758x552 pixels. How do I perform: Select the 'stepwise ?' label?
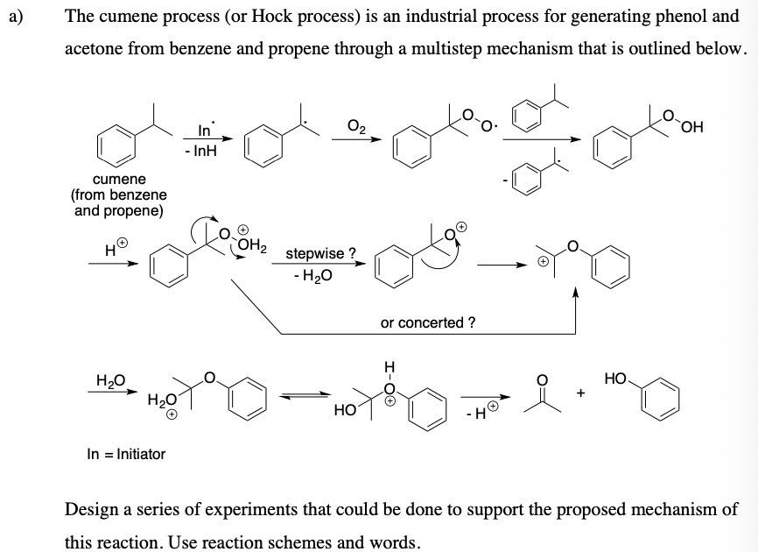tap(321, 254)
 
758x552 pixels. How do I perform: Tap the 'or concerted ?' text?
tap(428, 322)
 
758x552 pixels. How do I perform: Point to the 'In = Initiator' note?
tap(126, 454)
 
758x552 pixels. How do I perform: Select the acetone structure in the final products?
tap(543, 393)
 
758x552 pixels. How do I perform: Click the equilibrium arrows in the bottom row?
tap(305, 397)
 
